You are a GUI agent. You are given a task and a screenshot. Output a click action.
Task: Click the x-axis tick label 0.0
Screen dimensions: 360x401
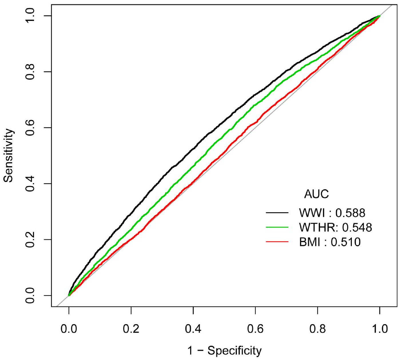pyautogui.click(x=69, y=329)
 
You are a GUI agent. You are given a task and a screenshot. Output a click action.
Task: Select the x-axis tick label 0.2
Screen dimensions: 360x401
pyautogui.click(x=131, y=329)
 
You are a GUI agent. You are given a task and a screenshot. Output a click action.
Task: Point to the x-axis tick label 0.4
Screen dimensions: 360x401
pyautogui.click(x=193, y=329)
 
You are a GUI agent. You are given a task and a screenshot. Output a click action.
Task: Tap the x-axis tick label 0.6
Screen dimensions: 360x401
pyautogui.click(x=255, y=329)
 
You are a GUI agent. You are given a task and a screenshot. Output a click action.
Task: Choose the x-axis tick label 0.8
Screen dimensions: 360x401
pyautogui.click(x=317, y=329)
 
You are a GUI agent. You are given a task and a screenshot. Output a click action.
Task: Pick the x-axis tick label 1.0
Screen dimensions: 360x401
pyautogui.click(x=380, y=329)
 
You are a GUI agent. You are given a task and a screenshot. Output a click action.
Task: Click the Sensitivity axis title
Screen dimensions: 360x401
pyautogui.click(x=9, y=155)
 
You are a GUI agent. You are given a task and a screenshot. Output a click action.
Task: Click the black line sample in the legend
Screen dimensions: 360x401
pyautogui.click(x=277, y=213)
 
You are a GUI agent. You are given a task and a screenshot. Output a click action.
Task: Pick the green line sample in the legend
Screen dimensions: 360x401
pyautogui.click(x=277, y=227)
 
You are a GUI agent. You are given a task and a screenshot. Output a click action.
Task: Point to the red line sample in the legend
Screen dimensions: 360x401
pyautogui.click(x=277, y=242)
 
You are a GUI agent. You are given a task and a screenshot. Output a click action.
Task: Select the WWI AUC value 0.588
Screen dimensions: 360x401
pyautogui.click(x=350, y=213)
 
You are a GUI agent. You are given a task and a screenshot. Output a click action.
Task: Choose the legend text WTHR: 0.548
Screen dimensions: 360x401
pyautogui.click(x=335, y=227)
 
